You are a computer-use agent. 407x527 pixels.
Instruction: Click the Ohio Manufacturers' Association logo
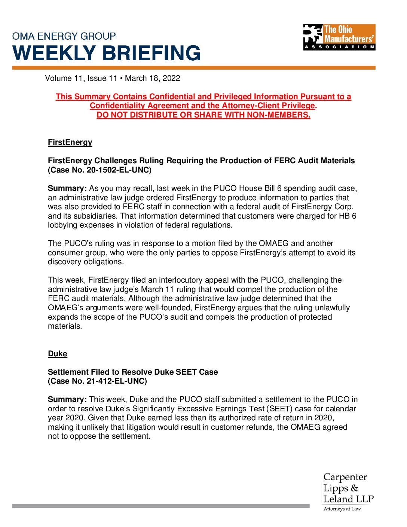(x=339, y=37)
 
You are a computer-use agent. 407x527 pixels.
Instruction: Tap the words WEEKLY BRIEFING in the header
(x=107, y=53)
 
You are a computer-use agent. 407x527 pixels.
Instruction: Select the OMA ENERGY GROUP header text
(x=64, y=36)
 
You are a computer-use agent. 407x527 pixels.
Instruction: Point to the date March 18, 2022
(x=152, y=78)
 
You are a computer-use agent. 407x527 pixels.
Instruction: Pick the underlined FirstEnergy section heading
(x=70, y=142)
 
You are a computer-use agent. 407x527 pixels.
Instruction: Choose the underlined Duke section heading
(x=58, y=354)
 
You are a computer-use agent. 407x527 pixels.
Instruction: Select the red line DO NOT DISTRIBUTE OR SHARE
(x=203, y=115)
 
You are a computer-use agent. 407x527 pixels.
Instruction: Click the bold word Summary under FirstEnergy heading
(x=67, y=188)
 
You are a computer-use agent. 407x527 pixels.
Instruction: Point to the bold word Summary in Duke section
(x=67, y=399)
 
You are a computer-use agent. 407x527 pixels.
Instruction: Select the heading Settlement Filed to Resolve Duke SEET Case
(x=133, y=372)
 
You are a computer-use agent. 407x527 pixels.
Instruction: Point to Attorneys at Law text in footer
(x=342, y=509)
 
